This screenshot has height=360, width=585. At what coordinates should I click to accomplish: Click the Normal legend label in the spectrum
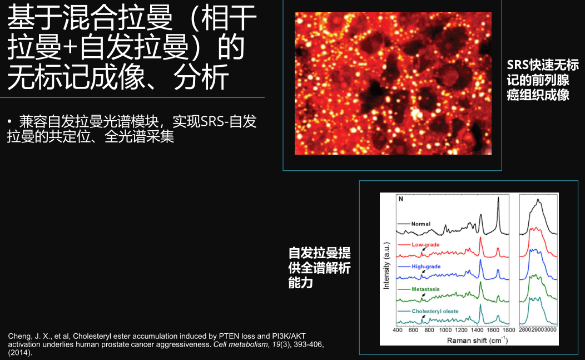(x=421, y=224)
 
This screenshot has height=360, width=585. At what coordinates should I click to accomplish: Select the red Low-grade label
(x=426, y=245)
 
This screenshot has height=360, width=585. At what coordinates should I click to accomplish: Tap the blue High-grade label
(x=426, y=267)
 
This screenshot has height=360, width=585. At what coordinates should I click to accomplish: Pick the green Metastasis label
(x=426, y=289)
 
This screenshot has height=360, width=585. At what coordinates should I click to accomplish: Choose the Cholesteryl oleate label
(x=435, y=311)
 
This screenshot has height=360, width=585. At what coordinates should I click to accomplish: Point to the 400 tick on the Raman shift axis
(x=398, y=330)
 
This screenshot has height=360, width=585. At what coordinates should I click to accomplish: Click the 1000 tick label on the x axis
(x=445, y=330)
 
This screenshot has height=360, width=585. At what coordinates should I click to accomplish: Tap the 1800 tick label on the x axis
(x=509, y=330)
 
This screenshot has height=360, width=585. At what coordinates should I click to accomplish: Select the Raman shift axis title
(x=477, y=340)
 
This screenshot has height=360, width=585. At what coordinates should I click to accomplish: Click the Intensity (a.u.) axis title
(x=386, y=265)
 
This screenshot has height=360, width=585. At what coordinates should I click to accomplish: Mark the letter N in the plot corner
(x=401, y=199)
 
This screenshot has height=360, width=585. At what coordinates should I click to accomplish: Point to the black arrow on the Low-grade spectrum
(x=423, y=249)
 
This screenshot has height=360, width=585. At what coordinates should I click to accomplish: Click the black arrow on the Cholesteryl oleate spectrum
(x=423, y=317)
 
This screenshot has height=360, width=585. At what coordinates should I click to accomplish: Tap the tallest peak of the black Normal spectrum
(x=498, y=199)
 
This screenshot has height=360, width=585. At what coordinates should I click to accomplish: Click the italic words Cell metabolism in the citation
(x=240, y=344)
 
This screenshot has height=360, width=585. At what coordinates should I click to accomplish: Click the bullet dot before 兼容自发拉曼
(x=9, y=121)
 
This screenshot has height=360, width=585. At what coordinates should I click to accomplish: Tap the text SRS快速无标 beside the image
(x=543, y=65)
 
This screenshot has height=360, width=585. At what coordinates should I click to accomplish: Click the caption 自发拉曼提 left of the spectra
(x=319, y=253)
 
